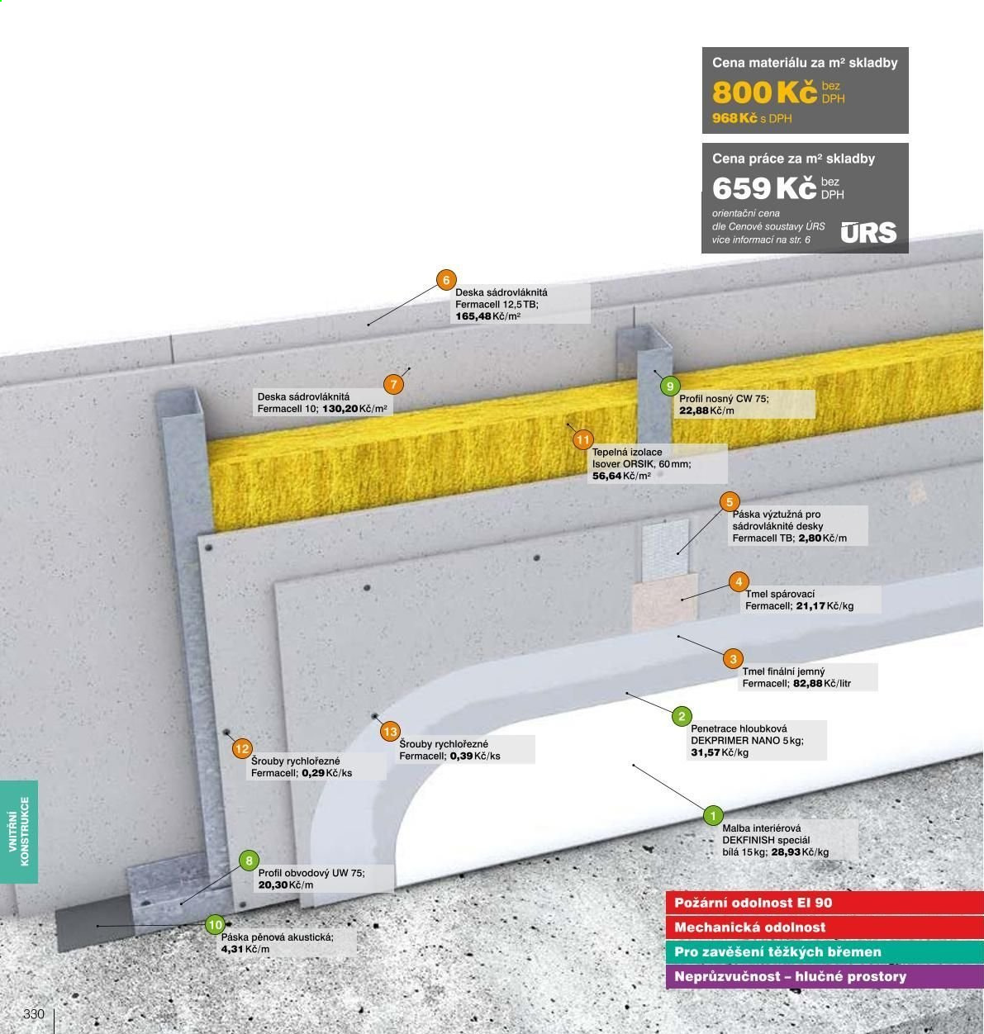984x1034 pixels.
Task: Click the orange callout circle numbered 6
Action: pos(446,280)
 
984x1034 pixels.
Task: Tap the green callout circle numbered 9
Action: pos(670,386)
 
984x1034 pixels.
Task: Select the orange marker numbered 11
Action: pos(583,439)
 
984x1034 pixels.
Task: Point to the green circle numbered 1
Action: pos(713,816)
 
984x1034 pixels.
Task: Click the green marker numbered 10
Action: pos(215,925)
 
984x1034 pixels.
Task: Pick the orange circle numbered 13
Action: pos(390,732)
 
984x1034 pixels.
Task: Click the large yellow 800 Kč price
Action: pos(764,92)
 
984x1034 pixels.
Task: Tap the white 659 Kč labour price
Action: pos(764,188)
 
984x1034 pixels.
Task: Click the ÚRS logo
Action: pos(868,232)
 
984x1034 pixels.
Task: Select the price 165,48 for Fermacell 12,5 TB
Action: pos(473,316)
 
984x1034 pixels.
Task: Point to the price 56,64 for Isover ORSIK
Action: pos(606,476)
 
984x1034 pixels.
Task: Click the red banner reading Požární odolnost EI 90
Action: pos(825,903)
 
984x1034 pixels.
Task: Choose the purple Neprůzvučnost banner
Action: pos(825,977)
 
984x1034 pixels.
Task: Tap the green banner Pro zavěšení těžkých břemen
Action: pos(825,952)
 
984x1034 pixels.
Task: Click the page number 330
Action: pos(34,1014)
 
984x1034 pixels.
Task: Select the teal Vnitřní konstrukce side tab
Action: pos(19,832)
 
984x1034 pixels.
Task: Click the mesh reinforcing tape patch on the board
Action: pos(665,548)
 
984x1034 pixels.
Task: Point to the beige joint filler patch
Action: pos(664,603)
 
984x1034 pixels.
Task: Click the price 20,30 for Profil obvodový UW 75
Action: pos(273,885)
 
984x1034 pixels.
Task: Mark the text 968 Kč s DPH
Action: pos(751,118)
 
